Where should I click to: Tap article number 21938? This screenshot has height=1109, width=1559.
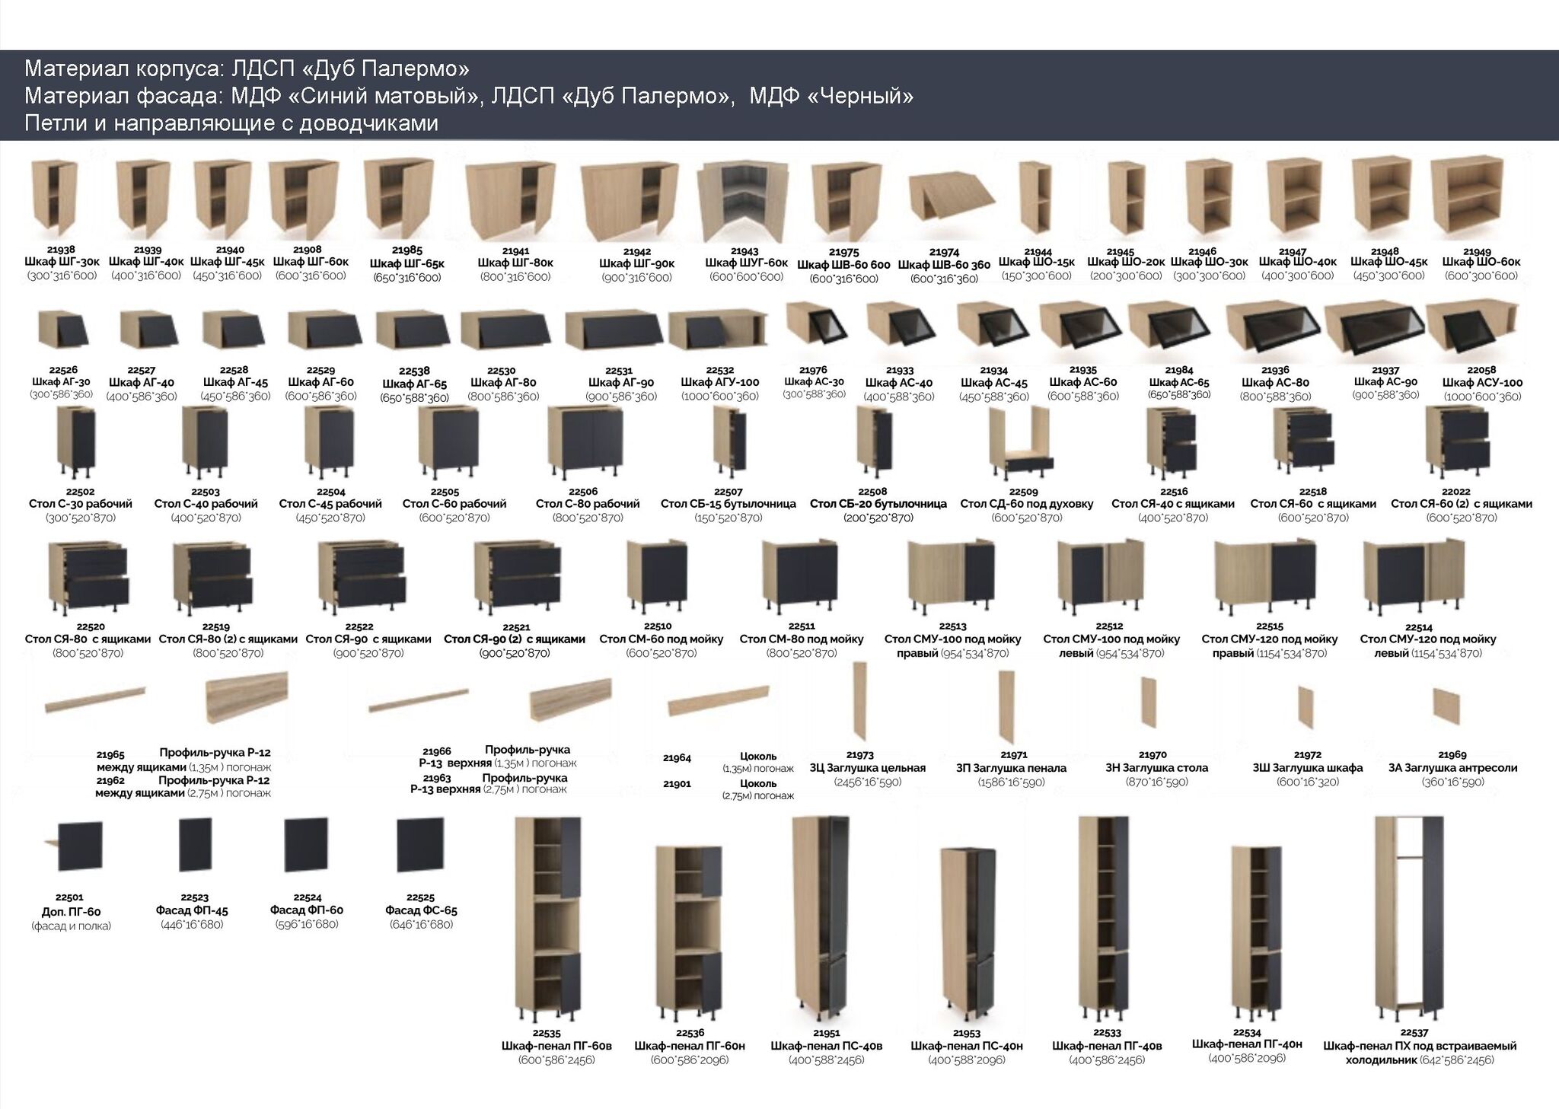point(61,250)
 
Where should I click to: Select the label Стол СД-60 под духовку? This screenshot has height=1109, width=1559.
point(1026,504)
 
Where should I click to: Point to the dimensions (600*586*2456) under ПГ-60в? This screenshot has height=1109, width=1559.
point(556,1060)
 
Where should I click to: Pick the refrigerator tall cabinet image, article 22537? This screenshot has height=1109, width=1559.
point(1409,919)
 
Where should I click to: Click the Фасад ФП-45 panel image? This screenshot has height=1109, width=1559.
point(195,844)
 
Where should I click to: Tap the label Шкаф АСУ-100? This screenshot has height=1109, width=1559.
point(1482,383)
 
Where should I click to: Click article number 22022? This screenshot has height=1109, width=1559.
point(1455,492)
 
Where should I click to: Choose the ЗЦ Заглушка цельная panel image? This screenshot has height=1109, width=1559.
point(859,701)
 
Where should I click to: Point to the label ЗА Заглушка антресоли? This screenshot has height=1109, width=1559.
point(1452,768)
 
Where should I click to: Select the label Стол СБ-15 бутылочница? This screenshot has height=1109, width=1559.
point(728,504)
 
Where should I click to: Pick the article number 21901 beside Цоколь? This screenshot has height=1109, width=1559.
point(677,784)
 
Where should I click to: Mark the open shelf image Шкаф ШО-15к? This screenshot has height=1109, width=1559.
point(1035,199)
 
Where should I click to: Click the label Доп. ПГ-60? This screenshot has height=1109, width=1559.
point(71,912)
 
